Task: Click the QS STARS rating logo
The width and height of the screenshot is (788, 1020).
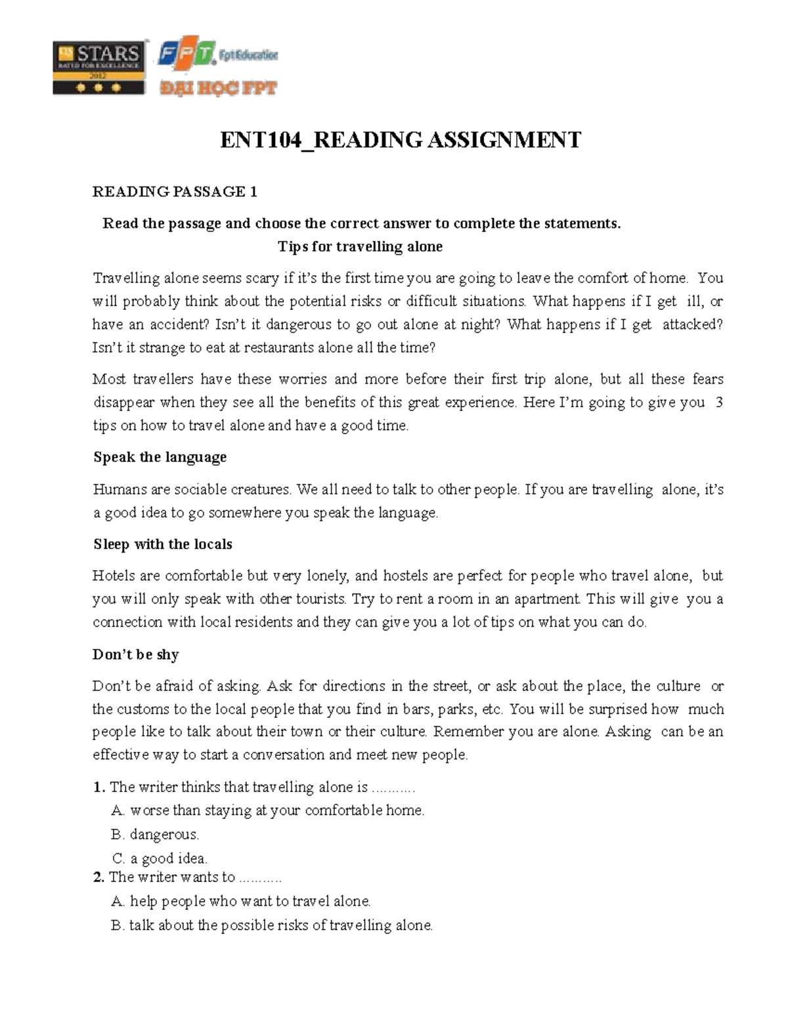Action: click(98, 68)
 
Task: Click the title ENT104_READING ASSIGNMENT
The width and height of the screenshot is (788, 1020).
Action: click(400, 140)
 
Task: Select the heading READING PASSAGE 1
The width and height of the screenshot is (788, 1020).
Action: click(175, 192)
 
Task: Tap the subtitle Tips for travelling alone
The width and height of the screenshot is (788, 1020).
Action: click(360, 247)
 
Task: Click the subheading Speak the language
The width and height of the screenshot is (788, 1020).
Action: click(160, 457)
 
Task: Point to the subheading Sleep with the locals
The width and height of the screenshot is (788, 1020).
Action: click(162, 544)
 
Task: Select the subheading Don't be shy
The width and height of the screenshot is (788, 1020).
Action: click(135, 655)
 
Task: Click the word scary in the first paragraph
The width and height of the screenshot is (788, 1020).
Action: click(261, 278)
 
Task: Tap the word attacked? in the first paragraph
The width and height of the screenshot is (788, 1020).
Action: click(692, 324)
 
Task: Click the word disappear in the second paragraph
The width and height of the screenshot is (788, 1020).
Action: click(124, 403)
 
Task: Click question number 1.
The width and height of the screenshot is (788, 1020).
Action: click(98, 787)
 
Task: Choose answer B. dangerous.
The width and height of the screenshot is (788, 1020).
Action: click(155, 835)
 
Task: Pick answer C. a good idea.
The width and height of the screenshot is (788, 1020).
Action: click(160, 858)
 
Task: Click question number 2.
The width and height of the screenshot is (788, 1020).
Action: click(98, 877)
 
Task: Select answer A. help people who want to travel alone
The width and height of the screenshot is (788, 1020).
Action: click(241, 901)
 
